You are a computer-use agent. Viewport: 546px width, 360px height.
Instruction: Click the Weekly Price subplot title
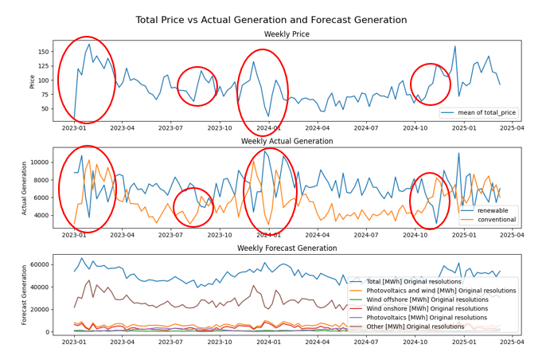288,34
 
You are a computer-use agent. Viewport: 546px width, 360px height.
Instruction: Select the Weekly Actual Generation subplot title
288,141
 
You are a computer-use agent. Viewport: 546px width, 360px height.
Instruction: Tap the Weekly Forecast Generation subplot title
288,247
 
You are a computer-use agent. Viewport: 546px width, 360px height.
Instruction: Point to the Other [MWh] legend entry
419,327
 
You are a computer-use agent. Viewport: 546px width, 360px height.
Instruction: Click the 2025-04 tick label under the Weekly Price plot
511,127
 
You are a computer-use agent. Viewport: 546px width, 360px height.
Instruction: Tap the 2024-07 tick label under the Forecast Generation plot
365,342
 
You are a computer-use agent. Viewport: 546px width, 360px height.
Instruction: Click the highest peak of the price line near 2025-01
455,46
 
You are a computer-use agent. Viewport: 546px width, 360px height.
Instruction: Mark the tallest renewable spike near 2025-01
458,153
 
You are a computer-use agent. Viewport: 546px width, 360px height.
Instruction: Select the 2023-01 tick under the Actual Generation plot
74,234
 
